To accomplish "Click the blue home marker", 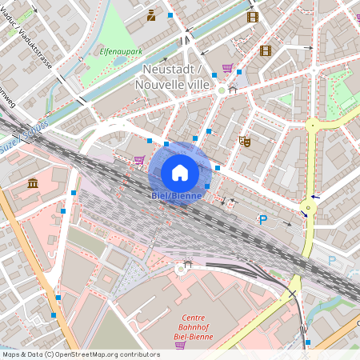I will point(180,172).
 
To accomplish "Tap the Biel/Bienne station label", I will point(179,195).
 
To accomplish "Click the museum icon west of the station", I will point(33,185).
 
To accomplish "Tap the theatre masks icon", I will point(246,141).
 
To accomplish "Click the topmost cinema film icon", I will point(254,16).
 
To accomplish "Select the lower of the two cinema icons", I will point(266,50).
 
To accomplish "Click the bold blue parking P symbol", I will point(262,220).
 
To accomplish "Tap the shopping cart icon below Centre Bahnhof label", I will point(179,345).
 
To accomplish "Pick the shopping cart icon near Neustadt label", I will point(227,68).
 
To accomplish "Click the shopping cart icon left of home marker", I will point(140,160).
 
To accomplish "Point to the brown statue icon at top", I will point(151,14).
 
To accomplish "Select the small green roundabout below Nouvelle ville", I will point(222,90).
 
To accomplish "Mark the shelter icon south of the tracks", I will point(188,263).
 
